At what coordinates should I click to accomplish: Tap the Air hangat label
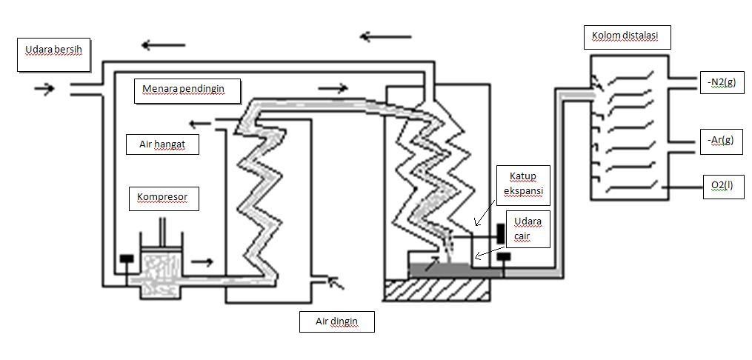pyautogui.click(x=162, y=145)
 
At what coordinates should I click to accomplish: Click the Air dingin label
pyautogui.click(x=336, y=322)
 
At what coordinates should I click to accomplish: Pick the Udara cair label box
pyautogui.click(x=527, y=229)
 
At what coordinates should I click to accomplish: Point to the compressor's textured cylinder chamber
pyautogui.click(x=161, y=267)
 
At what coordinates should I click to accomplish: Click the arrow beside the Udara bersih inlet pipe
pyautogui.click(x=44, y=89)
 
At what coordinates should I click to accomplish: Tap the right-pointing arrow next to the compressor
pyautogui.click(x=202, y=261)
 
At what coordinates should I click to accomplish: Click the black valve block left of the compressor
pyautogui.click(x=127, y=259)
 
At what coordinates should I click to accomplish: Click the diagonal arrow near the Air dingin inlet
pyautogui.click(x=336, y=282)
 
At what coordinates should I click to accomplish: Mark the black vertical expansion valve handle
pyautogui.click(x=501, y=232)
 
